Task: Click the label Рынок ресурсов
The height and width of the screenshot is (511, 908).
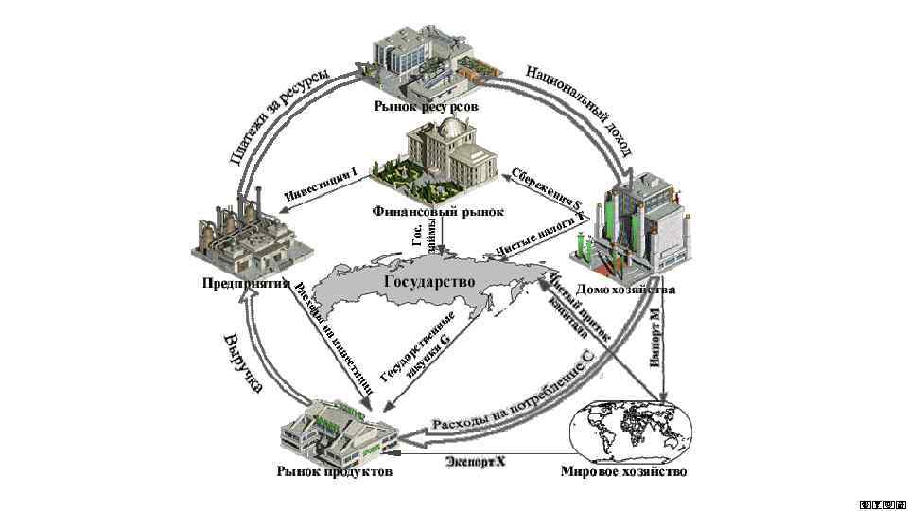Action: [427, 107]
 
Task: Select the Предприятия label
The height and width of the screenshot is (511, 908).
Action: [244, 282]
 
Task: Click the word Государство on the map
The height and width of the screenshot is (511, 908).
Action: [428, 282]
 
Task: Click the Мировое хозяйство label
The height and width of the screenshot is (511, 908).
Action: [623, 470]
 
